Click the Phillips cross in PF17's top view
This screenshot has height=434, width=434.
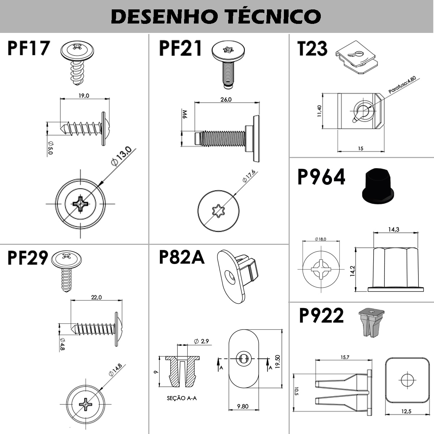[80, 204]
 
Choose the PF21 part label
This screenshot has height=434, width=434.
[180, 49]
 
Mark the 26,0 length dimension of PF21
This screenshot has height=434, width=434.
[226, 100]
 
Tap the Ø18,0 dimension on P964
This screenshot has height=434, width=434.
[320, 239]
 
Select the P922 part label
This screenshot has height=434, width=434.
[321, 316]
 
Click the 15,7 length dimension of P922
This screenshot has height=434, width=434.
[345, 357]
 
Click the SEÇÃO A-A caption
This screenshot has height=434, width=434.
[182, 398]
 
